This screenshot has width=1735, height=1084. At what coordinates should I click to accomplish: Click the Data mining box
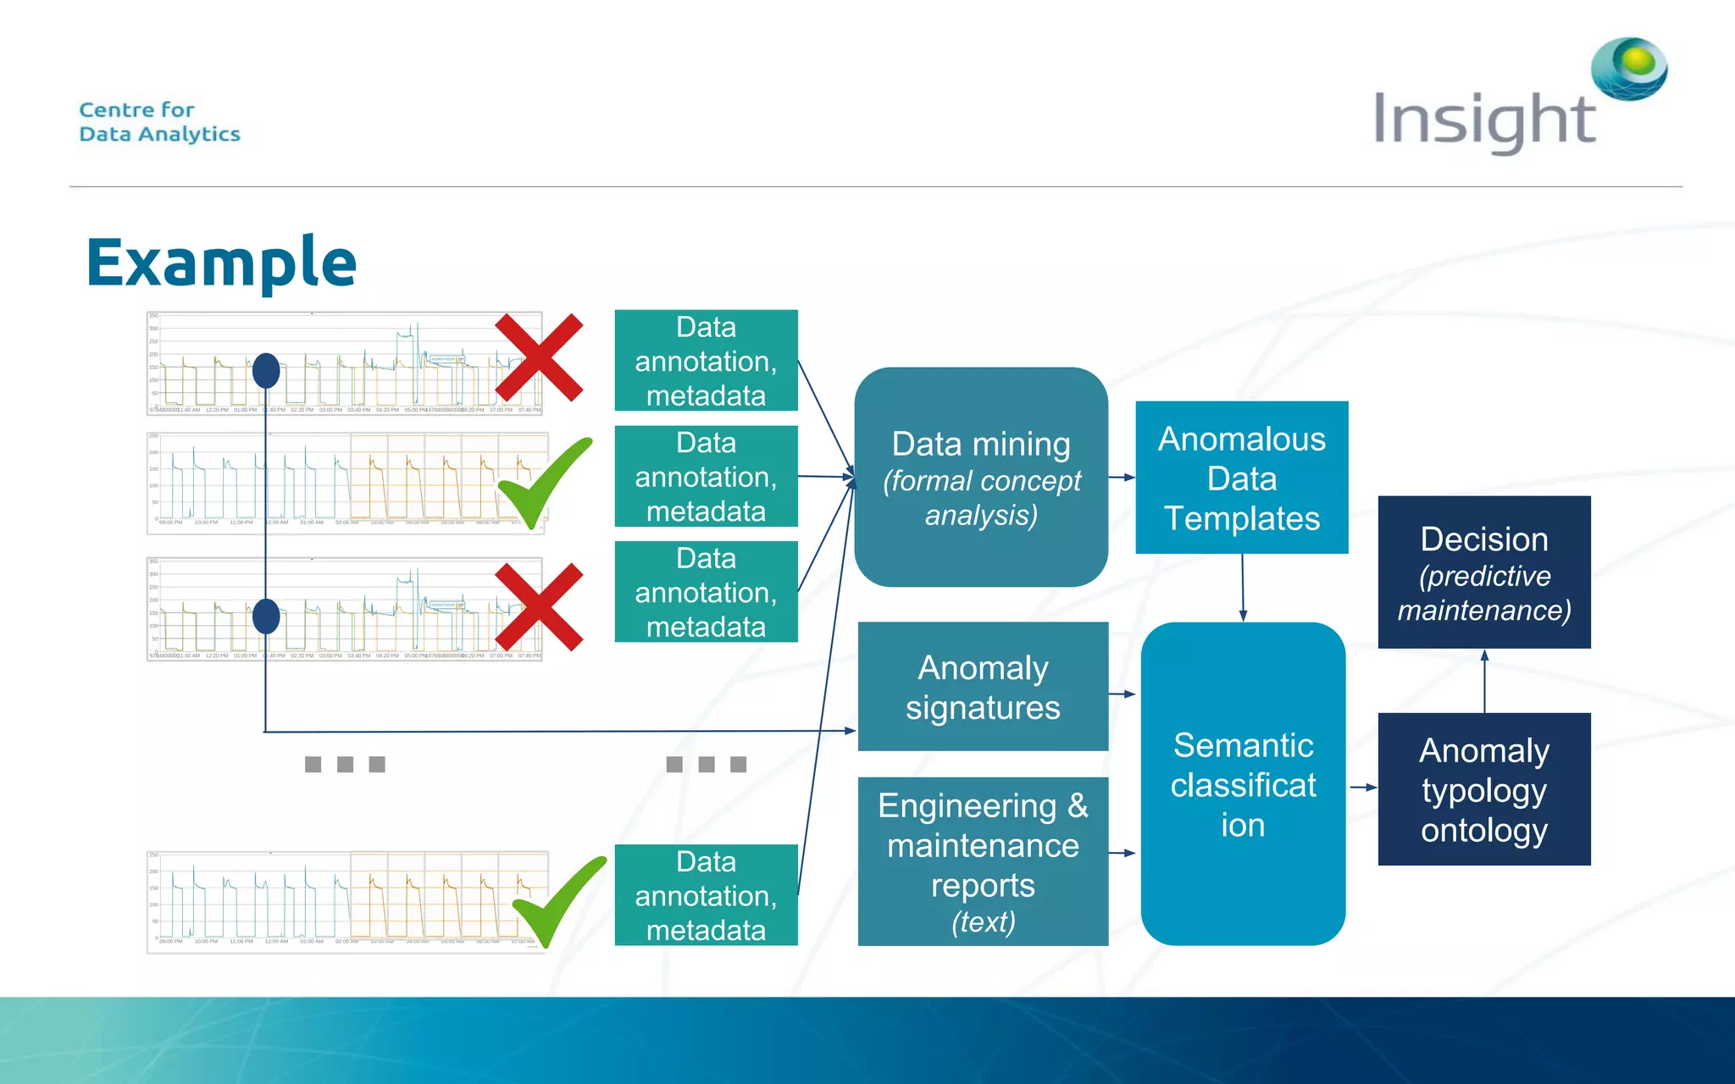tap(981, 477)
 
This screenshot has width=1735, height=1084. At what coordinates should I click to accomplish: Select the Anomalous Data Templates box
tap(1241, 478)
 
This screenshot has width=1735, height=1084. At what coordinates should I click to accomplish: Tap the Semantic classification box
tap(1243, 783)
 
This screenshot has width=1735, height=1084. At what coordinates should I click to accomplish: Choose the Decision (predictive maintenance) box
tap(1483, 572)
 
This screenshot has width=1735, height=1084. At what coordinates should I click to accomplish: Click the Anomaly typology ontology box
tap(1483, 789)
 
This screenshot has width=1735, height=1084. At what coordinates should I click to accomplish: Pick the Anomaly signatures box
tap(983, 687)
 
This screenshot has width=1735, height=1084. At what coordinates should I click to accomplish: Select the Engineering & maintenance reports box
tap(983, 861)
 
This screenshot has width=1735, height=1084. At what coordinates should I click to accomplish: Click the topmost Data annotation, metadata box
tap(706, 361)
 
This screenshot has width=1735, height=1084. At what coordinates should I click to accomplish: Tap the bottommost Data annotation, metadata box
tap(706, 895)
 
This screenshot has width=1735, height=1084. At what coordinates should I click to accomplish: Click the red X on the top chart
tap(539, 357)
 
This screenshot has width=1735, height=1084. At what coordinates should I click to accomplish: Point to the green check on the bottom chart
tap(557, 902)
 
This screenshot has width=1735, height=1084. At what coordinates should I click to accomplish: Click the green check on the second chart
tap(543, 483)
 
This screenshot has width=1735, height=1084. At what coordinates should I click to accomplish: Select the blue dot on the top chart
tap(266, 371)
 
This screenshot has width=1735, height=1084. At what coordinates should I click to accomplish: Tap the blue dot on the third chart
tap(266, 617)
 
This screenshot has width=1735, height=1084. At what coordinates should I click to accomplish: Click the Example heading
tap(221, 262)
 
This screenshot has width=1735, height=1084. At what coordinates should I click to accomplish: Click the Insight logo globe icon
tap(1628, 68)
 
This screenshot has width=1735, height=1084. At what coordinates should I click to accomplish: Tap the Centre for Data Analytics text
tap(159, 122)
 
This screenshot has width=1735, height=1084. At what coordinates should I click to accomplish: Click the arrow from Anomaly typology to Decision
tap(1484, 681)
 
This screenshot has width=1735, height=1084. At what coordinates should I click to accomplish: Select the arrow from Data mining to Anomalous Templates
tap(1122, 478)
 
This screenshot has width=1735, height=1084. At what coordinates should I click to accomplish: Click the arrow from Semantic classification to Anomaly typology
tap(1362, 788)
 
